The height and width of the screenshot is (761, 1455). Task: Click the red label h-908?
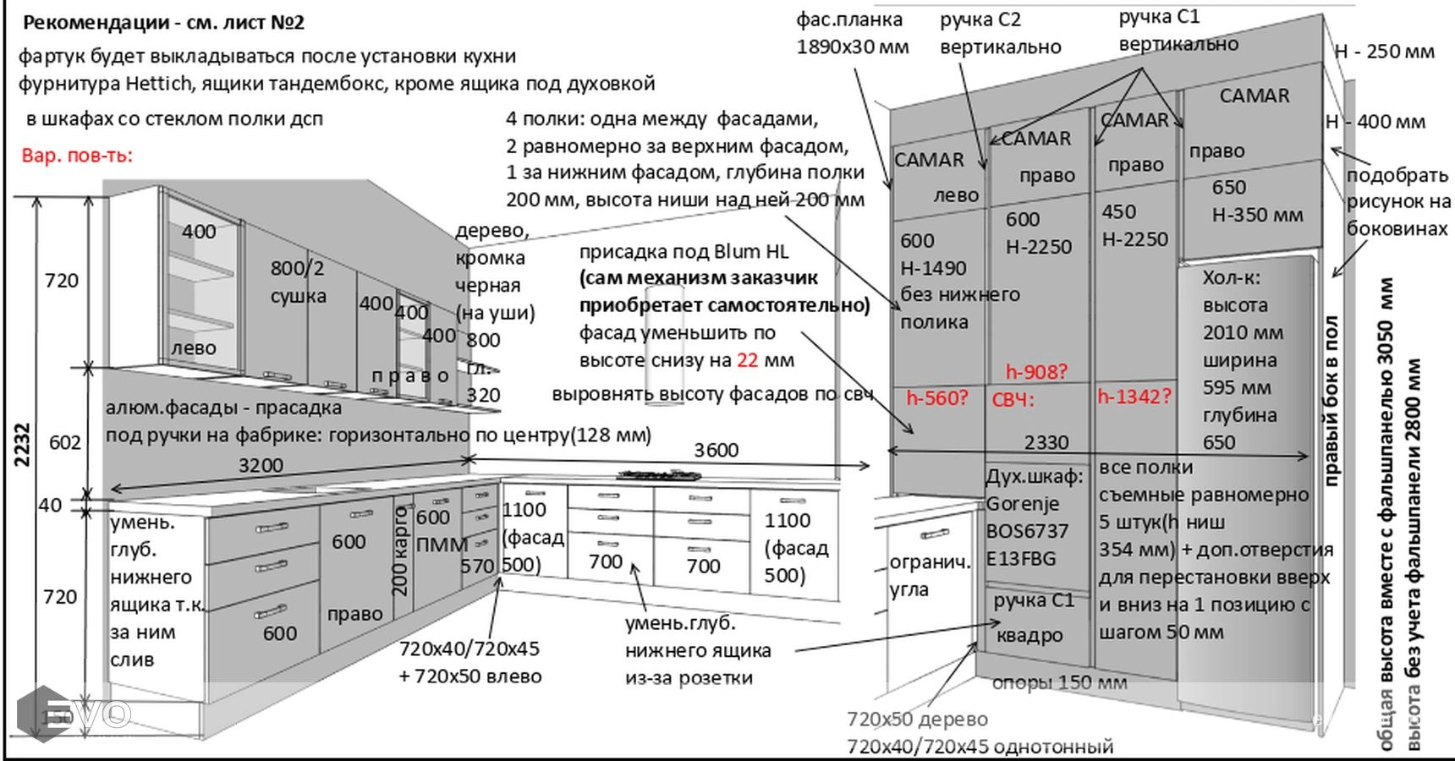click(x=1036, y=371)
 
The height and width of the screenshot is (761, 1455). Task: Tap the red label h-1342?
click(x=1135, y=396)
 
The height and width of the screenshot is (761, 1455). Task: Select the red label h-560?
click(x=936, y=397)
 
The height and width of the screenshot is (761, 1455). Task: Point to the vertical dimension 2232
click(x=23, y=445)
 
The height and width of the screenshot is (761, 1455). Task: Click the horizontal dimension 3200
click(x=261, y=465)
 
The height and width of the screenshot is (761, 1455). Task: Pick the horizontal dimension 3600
click(x=716, y=450)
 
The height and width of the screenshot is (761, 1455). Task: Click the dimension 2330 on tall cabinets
click(x=1046, y=442)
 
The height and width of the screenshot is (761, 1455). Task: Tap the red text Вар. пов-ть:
click(x=77, y=156)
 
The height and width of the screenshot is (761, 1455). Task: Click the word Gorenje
click(x=1022, y=504)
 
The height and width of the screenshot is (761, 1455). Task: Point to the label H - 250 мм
click(x=1385, y=51)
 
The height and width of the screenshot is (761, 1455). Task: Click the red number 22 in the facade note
click(x=747, y=360)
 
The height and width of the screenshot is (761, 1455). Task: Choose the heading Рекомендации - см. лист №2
click(x=163, y=23)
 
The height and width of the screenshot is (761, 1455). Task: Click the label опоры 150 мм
click(x=1059, y=682)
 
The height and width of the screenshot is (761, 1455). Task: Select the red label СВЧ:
click(x=1013, y=399)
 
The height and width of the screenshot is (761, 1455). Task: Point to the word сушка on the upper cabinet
click(x=298, y=296)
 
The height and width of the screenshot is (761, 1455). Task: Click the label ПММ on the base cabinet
click(x=442, y=545)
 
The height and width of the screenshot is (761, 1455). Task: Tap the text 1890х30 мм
click(x=853, y=47)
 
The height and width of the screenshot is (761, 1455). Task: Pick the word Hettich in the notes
click(x=160, y=84)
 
